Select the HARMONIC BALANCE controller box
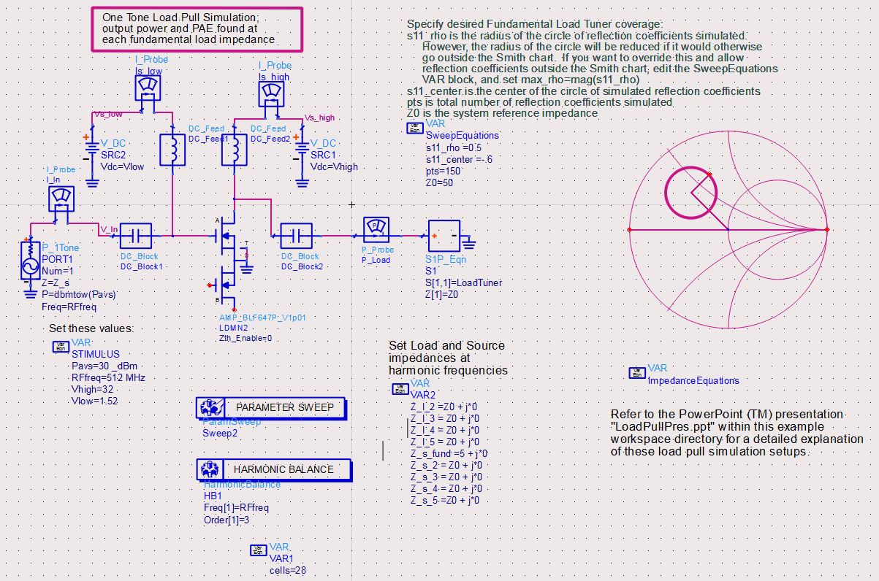[x=274, y=469]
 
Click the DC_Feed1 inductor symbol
[x=172, y=150]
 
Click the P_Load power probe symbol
[x=376, y=230]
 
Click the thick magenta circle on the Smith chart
[x=664, y=193]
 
